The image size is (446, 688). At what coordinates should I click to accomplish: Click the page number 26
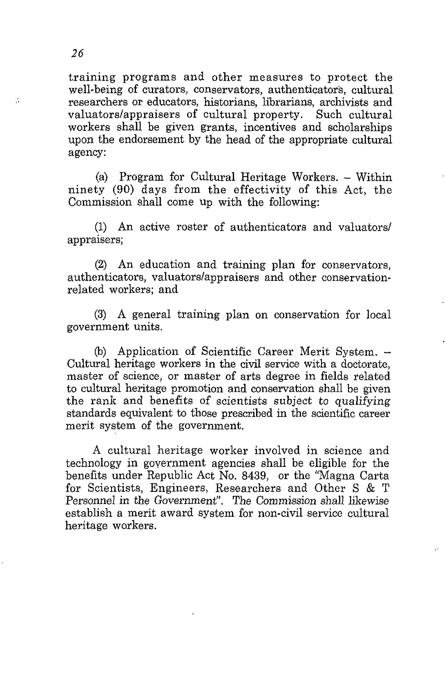(77, 53)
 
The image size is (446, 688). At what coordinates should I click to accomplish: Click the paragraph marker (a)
(101, 177)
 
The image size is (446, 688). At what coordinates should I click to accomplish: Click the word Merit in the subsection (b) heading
(314, 352)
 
